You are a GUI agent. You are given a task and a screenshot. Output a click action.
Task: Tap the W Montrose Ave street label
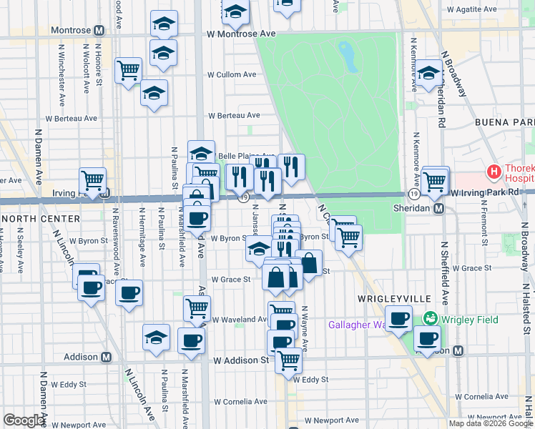tap(242, 34)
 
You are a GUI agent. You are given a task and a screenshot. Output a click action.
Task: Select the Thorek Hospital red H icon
tap(493, 172)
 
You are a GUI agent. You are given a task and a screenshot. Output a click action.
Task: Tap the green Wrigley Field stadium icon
tap(431, 318)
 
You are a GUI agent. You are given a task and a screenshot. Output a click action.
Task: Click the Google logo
tap(24, 420)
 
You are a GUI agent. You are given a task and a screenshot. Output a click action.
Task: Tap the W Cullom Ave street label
tap(232, 74)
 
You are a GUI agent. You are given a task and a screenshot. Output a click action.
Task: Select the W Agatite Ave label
tap(476, 11)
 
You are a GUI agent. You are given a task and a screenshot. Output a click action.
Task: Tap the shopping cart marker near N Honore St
tap(129, 70)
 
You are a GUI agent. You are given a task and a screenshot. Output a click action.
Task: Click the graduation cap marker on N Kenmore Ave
tap(428, 74)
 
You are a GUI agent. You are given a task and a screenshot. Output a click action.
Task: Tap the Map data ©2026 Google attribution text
tap(490, 423)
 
